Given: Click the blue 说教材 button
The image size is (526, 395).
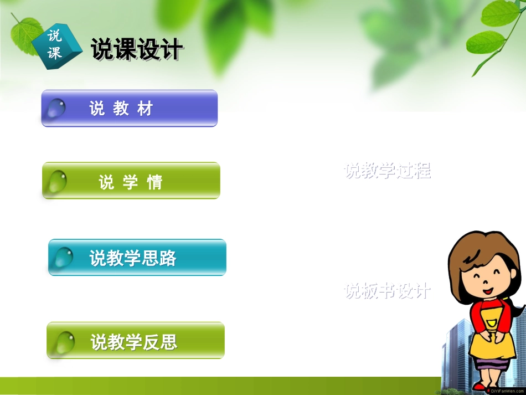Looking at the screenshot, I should click(130, 109).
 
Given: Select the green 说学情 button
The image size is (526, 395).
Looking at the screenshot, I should click(131, 181).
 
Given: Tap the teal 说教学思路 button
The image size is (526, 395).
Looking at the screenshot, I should click(137, 258).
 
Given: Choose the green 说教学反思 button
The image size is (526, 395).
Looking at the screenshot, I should click(136, 341).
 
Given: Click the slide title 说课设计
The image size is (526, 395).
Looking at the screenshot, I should click(136, 50).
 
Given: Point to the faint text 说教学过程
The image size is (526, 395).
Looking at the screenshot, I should click(387, 171).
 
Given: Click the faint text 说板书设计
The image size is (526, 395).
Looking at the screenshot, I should click(387, 290).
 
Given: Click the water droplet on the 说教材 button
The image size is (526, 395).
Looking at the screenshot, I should click(56, 108).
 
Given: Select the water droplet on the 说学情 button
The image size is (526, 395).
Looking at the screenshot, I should click(57, 181).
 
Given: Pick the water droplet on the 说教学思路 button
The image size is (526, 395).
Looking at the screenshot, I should click(63, 257).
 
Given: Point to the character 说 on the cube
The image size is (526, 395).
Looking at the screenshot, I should click(54, 37).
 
